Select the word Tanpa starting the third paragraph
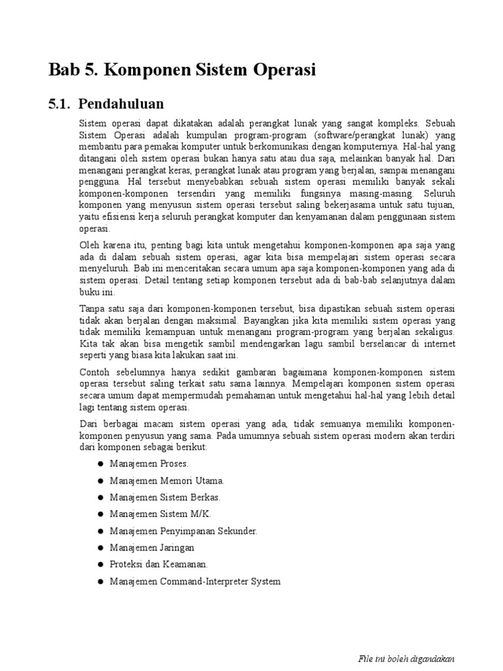coord(92,308)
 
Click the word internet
coord(439,344)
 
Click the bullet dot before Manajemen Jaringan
coord(101,547)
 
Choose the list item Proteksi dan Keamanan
coord(158,564)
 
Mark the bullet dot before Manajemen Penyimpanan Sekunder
coord(101,530)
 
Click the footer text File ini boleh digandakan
coord(406,659)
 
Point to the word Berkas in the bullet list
coord(204,497)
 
